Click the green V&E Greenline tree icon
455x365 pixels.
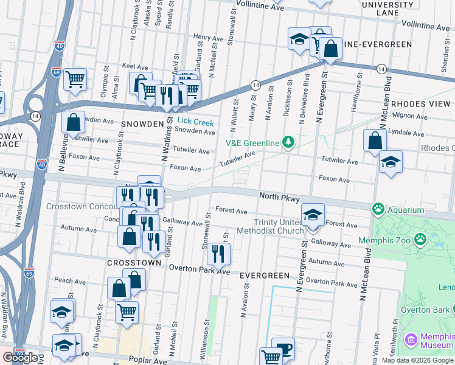point(289,143)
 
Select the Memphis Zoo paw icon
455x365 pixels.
point(420,239)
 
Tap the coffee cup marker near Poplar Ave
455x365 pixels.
point(283,348)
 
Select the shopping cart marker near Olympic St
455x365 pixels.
point(75,78)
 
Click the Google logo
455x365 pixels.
point(20,358)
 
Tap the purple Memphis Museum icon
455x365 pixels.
point(411,338)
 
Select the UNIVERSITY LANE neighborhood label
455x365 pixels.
point(387,9)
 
